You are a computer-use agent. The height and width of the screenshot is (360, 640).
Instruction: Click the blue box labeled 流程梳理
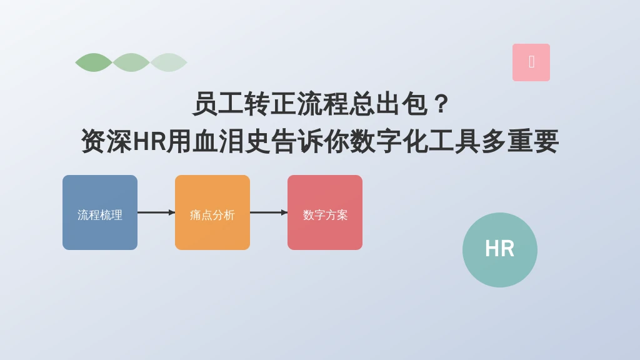click(100, 212)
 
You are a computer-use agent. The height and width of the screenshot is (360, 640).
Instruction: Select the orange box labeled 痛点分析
click(212, 212)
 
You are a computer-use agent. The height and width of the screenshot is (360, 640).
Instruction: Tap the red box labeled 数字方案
click(325, 212)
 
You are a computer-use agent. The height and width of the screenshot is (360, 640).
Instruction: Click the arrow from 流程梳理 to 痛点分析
click(156, 212)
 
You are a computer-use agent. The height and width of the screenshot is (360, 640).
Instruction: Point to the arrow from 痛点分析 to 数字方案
click(269, 212)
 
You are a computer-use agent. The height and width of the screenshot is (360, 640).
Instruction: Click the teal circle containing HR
click(499, 250)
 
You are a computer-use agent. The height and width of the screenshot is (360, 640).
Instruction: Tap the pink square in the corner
click(531, 62)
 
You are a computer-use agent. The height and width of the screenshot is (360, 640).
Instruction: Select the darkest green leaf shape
click(94, 62)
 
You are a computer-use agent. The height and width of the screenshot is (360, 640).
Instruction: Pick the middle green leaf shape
click(131, 62)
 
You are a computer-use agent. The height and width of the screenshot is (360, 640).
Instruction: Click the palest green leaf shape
click(169, 62)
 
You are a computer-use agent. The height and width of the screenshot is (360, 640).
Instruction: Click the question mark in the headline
click(441, 104)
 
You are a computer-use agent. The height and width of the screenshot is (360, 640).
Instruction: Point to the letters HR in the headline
click(149, 141)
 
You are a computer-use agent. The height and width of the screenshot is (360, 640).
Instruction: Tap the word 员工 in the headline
click(218, 104)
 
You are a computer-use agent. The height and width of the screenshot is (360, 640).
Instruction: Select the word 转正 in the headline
click(270, 104)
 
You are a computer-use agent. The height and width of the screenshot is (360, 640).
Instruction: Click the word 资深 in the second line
click(107, 141)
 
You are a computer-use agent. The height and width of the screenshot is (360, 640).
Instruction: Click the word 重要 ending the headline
click(532, 141)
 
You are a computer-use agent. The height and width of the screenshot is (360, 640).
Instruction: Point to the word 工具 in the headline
click(454, 141)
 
